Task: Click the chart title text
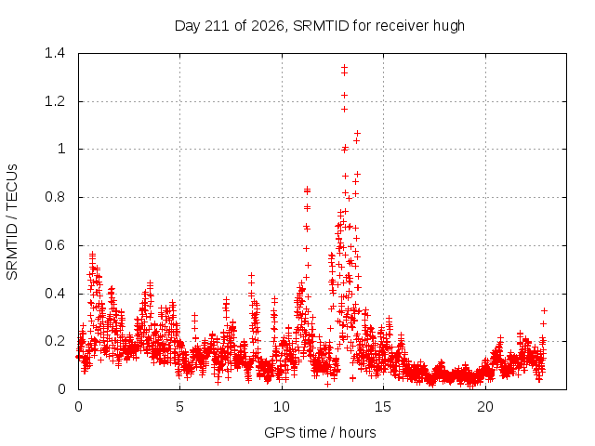pyautogui.click(x=320, y=26)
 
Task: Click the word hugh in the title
pyautogui.click(x=449, y=26)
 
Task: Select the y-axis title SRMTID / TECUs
pyautogui.click(x=12, y=222)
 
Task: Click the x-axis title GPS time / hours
pyautogui.click(x=320, y=432)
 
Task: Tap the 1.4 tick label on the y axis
pyautogui.click(x=55, y=53)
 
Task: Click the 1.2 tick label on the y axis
pyautogui.click(x=55, y=101)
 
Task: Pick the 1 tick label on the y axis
pyautogui.click(x=61, y=149)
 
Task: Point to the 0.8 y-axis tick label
pyautogui.click(x=55, y=197)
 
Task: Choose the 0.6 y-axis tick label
pyautogui.click(x=55, y=245)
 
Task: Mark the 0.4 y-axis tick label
pyautogui.click(x=55, y=294)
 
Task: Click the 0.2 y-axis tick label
pyautogui.click(x=55, y=341)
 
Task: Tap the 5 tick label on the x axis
pyautogui.click(x=179, y=407)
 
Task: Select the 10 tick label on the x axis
pyautogui.click(x=281, y=407)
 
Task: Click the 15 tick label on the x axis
pyautogui.click(x=383, y=407)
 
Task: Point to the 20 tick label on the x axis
pyautogui.click(x=485, y=407)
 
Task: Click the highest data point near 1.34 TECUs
pyautogui.click(x=344, y=67)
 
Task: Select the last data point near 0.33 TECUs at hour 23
pyautogui.click(x=544, y=310)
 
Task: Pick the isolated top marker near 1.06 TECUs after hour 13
pyautogui.click(x=357, y=133)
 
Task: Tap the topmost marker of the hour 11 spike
pyautogui.click(x=308, y=189)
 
